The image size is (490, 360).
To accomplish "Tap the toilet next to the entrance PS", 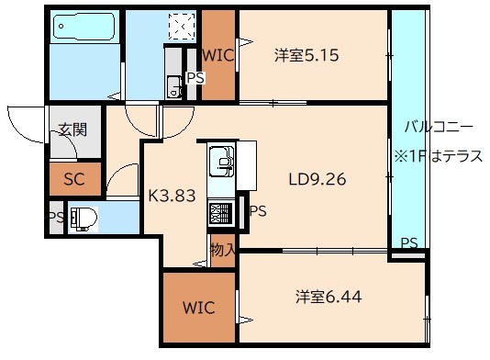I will pyautogui.click(x=84, y=219).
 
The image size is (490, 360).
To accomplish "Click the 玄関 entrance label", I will pyautogui.click(x=73, y=129).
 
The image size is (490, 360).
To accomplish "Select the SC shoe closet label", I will pyautogui.click(x=74, y=179).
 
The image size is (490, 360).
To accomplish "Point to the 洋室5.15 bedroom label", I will pyautogui.click(x=306, y=55).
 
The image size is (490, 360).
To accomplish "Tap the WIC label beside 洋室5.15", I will pyautogui.click(x=217, y=55).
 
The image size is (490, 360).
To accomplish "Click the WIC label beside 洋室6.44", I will pyautogui.click(x=198, y=307).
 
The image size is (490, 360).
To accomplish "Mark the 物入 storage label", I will pyautogui.click(x=222, y=249).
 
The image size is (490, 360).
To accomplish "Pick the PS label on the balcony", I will pyautogui.click(x=409, y=243).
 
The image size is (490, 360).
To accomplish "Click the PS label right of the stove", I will pyautogui.click(x=259, y=211).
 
